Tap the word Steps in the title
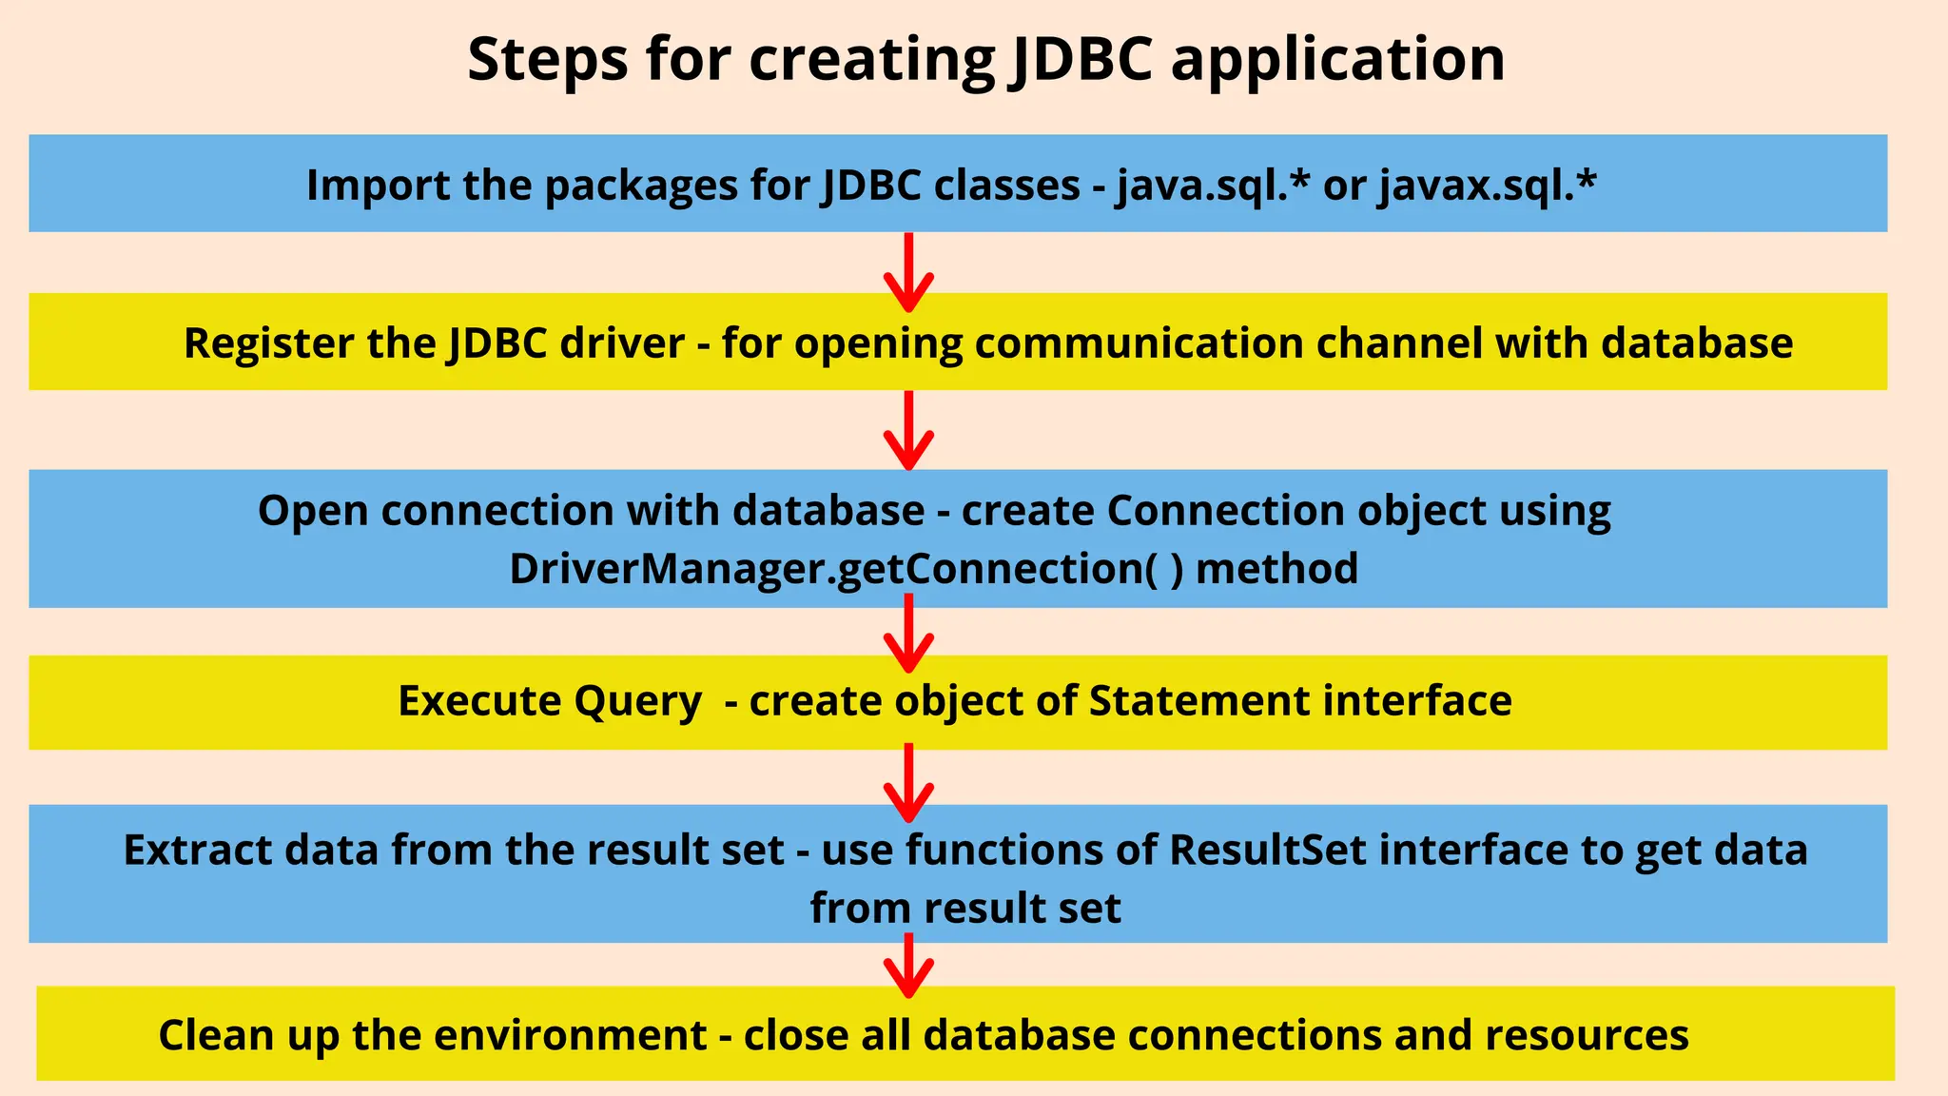pos(548,59)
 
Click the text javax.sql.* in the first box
pos(1488,185)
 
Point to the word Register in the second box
pos(268,343)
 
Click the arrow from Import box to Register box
pos(908,272)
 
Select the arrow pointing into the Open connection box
pos(908,430)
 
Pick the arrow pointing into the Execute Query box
pos(908,633)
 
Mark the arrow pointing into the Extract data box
pos(908,782)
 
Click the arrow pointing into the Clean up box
pos(908,965)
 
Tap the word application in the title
pos(1337,59)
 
